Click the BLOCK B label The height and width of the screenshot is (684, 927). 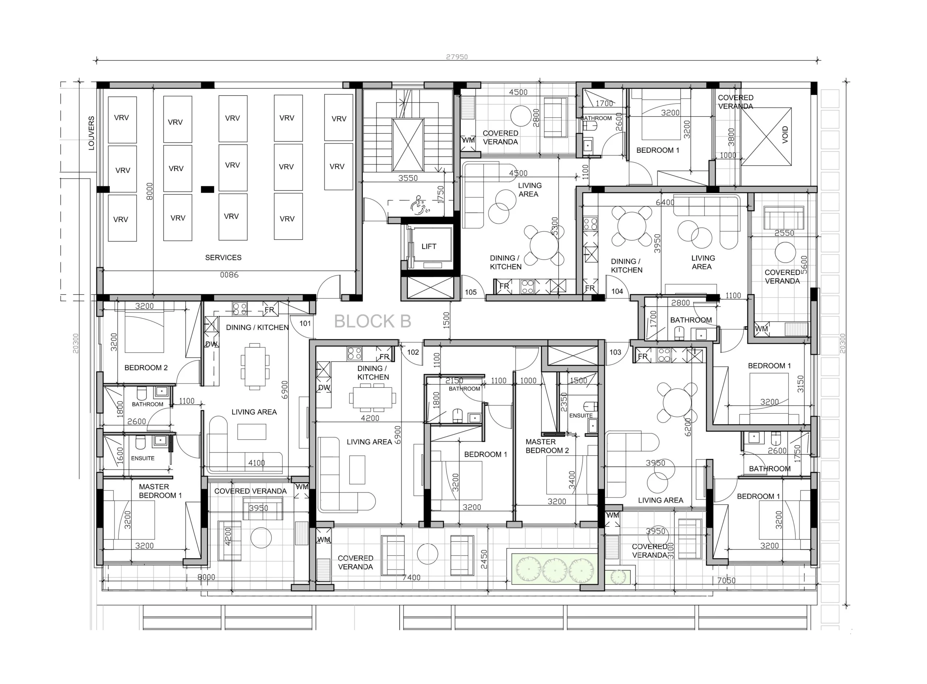coord(372,321)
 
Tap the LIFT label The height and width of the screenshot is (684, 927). coord(429,246)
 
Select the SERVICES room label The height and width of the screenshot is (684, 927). coord(223,257)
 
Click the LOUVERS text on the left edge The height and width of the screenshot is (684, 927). coord(92,133)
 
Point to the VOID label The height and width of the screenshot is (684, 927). coord(785,135)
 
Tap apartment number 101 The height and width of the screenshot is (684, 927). coord(305,323)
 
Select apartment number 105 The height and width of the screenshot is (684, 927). coord(471,292)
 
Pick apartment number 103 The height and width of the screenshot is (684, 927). coord(615,352)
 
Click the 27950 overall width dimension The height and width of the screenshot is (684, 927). coord(457,57)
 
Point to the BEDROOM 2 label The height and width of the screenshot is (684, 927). coord(146,368)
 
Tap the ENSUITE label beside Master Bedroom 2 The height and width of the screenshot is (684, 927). coord(581,416)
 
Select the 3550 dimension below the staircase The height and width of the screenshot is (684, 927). coord(408,178)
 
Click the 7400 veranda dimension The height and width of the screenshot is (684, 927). coord(412,578)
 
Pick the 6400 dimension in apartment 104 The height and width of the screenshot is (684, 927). coord(665,202)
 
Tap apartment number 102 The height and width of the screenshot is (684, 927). coord(413,352)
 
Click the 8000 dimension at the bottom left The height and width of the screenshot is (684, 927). coord(206,577)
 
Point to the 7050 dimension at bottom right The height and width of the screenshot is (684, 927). coord(726,580)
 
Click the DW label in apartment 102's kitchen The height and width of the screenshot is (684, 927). coord(324,388)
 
